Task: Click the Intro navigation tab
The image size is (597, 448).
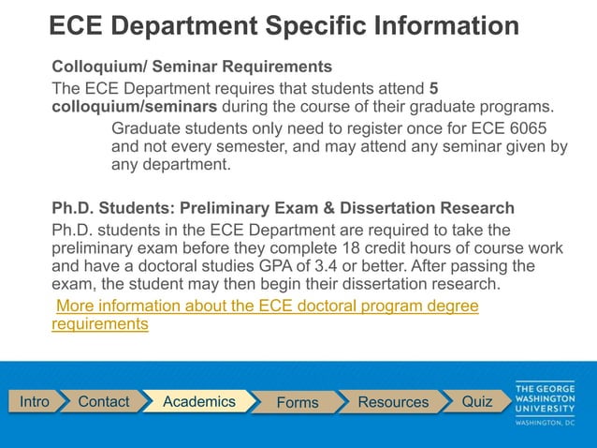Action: click(x=35, y=401)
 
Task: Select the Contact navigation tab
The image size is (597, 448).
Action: click(x=103, y=401)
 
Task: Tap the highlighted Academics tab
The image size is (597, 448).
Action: click(x=198, y=401)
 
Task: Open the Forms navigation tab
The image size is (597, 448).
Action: click(x=298, y=402)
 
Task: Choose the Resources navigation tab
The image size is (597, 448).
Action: click(x=393, y=402)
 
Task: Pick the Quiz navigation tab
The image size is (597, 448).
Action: click(x=476, y=401)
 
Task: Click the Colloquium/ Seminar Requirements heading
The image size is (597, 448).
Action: click(x=191, y=67)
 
